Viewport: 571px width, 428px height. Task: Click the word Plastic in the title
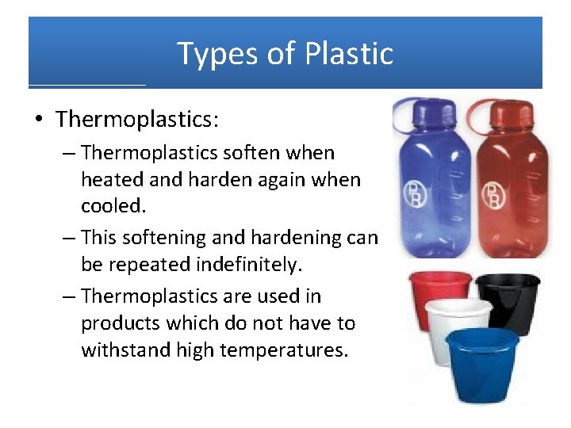coord(351,54)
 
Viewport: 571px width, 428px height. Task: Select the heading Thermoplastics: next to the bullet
coord(137,120)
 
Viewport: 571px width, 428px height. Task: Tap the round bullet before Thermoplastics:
coord(39,120)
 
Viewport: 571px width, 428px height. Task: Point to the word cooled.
coord(113,206)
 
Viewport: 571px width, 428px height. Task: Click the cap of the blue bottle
coord(425,111)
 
